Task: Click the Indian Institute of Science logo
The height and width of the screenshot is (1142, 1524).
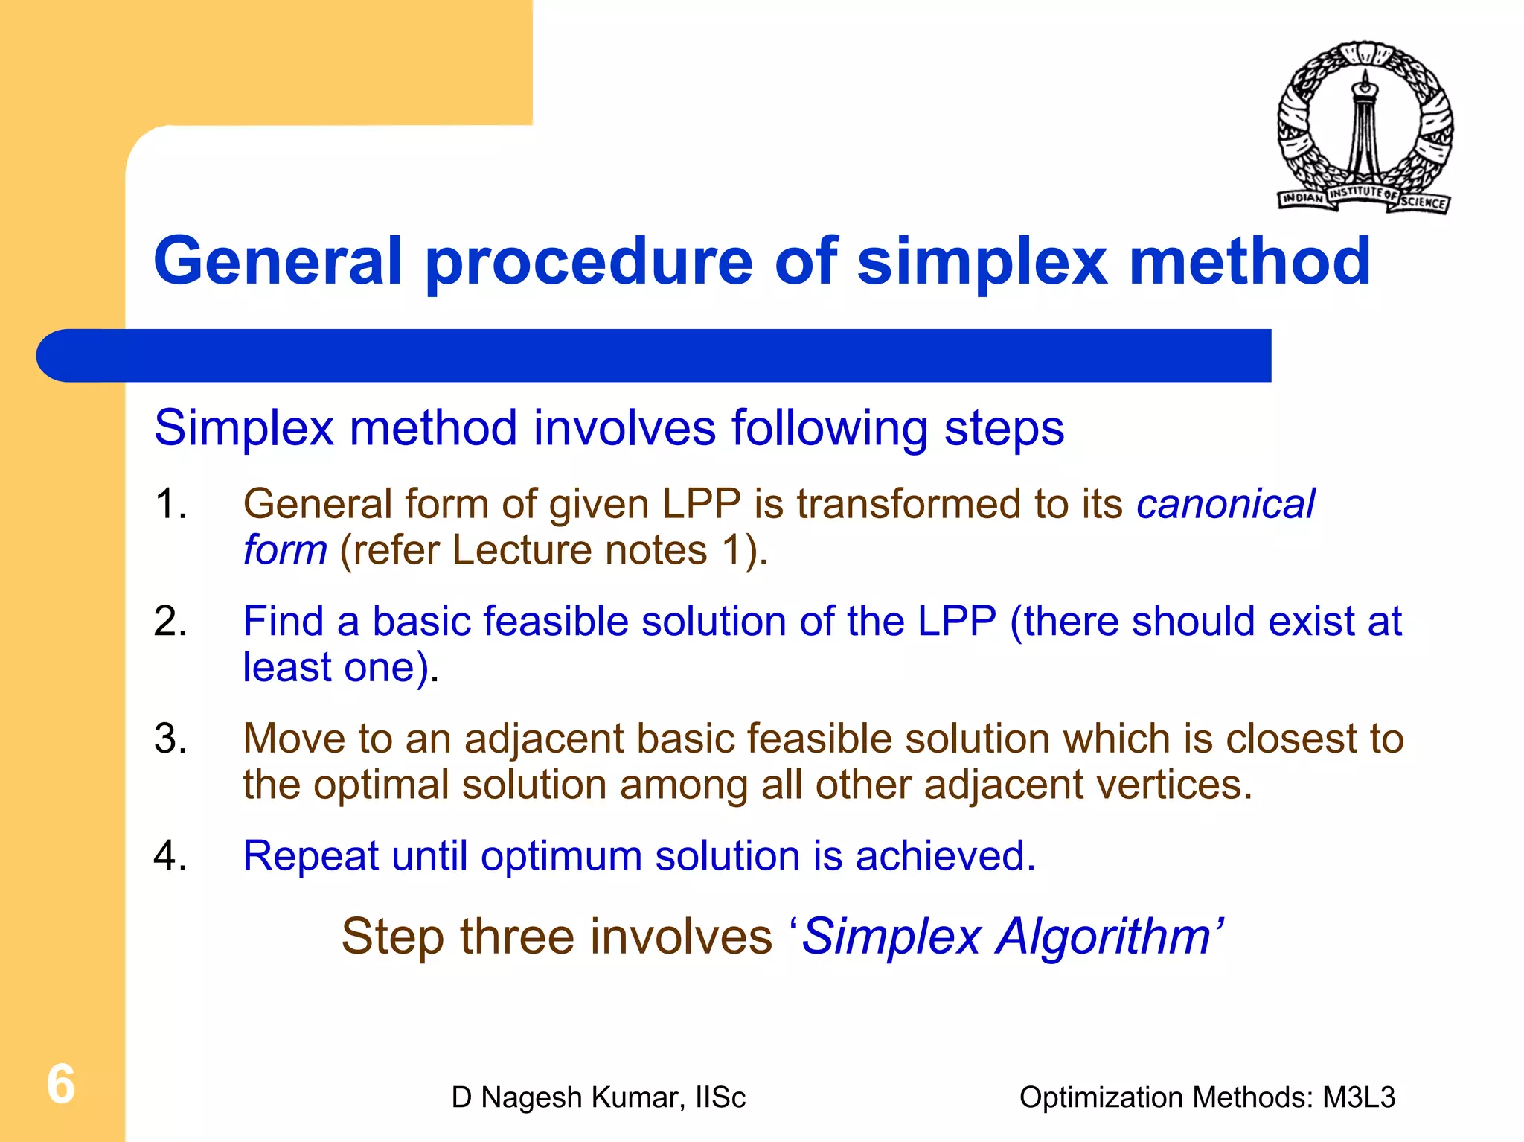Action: click(x=1365, y=127)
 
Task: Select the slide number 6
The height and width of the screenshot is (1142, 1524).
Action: click(x=61, y=1084)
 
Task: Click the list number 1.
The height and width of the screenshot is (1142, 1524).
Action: click(x=170, y=504)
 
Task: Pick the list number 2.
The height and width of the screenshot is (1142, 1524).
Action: click(x=170, y=621)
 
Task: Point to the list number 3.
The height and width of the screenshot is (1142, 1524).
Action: click(x=170, y=739)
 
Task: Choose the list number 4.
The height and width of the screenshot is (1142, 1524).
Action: click(x=170, y=855)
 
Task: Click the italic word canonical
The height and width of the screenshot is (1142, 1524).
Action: click(x=1226, y=504)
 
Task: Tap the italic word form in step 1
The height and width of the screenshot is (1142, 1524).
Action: click(x=285, y=550)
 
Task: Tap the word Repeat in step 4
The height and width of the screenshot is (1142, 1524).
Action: click(x=310, y=856)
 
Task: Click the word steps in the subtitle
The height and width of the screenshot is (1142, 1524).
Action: click(x=1004, y=428)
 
